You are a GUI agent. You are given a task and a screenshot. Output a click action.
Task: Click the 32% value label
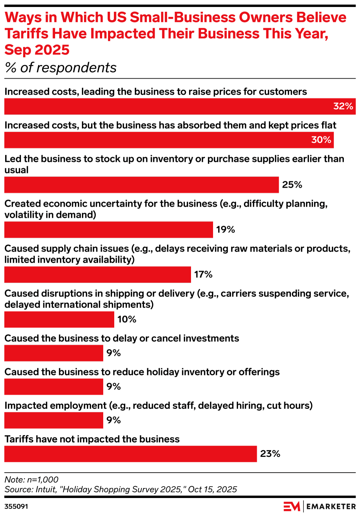(343, 106)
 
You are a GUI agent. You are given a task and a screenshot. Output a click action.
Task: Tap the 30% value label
(321, 140)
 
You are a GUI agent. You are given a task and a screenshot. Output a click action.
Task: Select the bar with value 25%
(141, 184)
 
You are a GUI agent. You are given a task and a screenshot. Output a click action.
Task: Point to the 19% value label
(226, 229)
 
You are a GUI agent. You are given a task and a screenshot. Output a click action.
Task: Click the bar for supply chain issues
(97, 274)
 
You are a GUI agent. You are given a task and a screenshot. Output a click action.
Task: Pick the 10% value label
(127, 319)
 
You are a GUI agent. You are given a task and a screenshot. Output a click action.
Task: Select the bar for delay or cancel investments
(54, 353)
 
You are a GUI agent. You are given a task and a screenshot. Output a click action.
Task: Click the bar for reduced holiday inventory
(54, 386)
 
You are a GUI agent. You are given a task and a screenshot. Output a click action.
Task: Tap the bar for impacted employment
(54, 420)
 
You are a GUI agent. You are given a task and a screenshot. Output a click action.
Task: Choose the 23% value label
(270, 454)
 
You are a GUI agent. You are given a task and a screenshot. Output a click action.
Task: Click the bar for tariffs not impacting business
(130, 454)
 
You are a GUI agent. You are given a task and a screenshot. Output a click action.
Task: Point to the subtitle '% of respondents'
(61, 68)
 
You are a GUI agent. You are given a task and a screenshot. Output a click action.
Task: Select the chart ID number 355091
(16, 506)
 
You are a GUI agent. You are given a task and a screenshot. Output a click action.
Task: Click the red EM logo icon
(292, 506)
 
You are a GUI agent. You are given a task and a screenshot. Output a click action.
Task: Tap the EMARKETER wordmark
(331, 506)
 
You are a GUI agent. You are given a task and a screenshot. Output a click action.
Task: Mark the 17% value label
(204, 274)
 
